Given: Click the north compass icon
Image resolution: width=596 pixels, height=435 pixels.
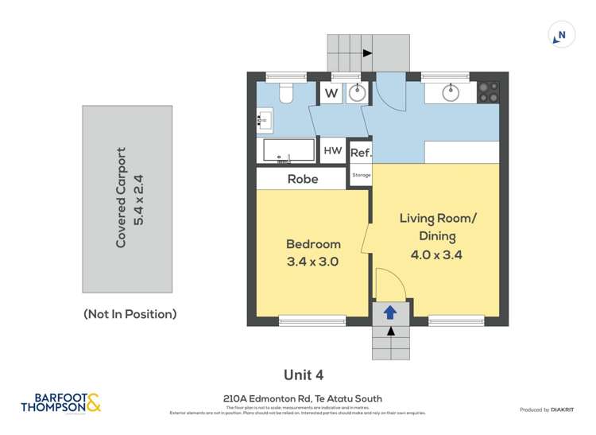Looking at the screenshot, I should [561, 35].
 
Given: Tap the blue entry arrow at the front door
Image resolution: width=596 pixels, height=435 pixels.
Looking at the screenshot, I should [390, 313].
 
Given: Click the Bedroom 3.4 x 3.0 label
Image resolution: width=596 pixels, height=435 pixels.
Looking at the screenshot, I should [312, 252].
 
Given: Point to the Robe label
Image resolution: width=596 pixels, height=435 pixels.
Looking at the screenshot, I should [303, 179].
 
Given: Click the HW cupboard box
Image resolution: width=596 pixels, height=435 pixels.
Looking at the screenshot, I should [332, 150].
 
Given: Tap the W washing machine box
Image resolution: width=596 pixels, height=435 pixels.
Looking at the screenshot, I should [331, 93].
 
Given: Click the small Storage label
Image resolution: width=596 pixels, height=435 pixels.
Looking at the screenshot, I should [361, 174].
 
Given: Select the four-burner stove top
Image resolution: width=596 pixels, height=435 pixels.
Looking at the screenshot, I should [488, 92].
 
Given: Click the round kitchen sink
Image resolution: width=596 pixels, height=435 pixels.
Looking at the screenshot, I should [451, 92].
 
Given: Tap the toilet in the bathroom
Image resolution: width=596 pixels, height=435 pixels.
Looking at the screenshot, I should [286, 94].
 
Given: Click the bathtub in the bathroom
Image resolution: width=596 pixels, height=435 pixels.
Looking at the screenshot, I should [289, 150].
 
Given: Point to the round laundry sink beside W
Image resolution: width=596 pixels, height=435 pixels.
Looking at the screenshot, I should [358, 93].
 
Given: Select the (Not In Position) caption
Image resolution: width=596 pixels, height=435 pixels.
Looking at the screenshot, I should [130, 314].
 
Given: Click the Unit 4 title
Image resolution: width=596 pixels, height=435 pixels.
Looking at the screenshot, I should [304, 375].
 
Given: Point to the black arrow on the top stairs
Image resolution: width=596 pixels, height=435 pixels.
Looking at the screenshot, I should [367, 53].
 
